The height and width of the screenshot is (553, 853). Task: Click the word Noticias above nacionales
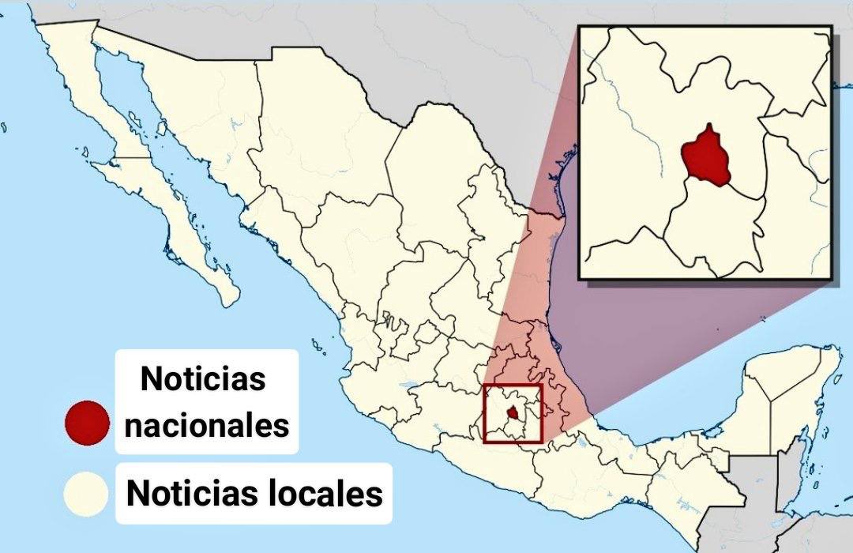tap(203, 379)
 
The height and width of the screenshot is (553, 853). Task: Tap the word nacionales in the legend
tap(208, 426)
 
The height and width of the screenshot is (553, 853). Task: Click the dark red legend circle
tap(86, 423)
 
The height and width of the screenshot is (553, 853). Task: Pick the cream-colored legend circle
tap(86, 494)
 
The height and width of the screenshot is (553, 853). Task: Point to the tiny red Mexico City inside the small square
tap(513, 412)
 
